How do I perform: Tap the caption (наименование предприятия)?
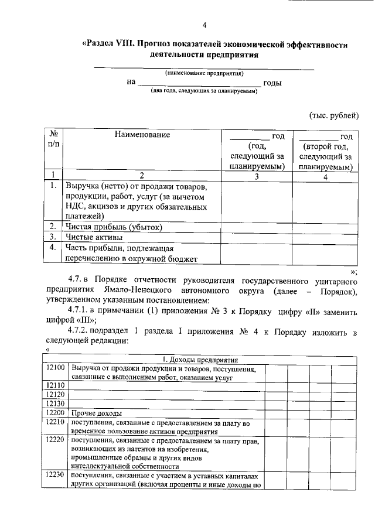(x=204, y=73)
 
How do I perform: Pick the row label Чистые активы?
(x=94, y=237)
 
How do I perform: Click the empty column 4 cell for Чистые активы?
(x=326, y=237)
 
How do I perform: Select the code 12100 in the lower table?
(x=56, y=368)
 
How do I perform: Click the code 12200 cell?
(x=56, y=413)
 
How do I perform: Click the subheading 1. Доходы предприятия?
(x=199, y=359)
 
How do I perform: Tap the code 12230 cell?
(x=56, y=477)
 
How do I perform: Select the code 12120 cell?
(x=56, y=395)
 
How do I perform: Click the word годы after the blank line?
(x=272, y=83)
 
